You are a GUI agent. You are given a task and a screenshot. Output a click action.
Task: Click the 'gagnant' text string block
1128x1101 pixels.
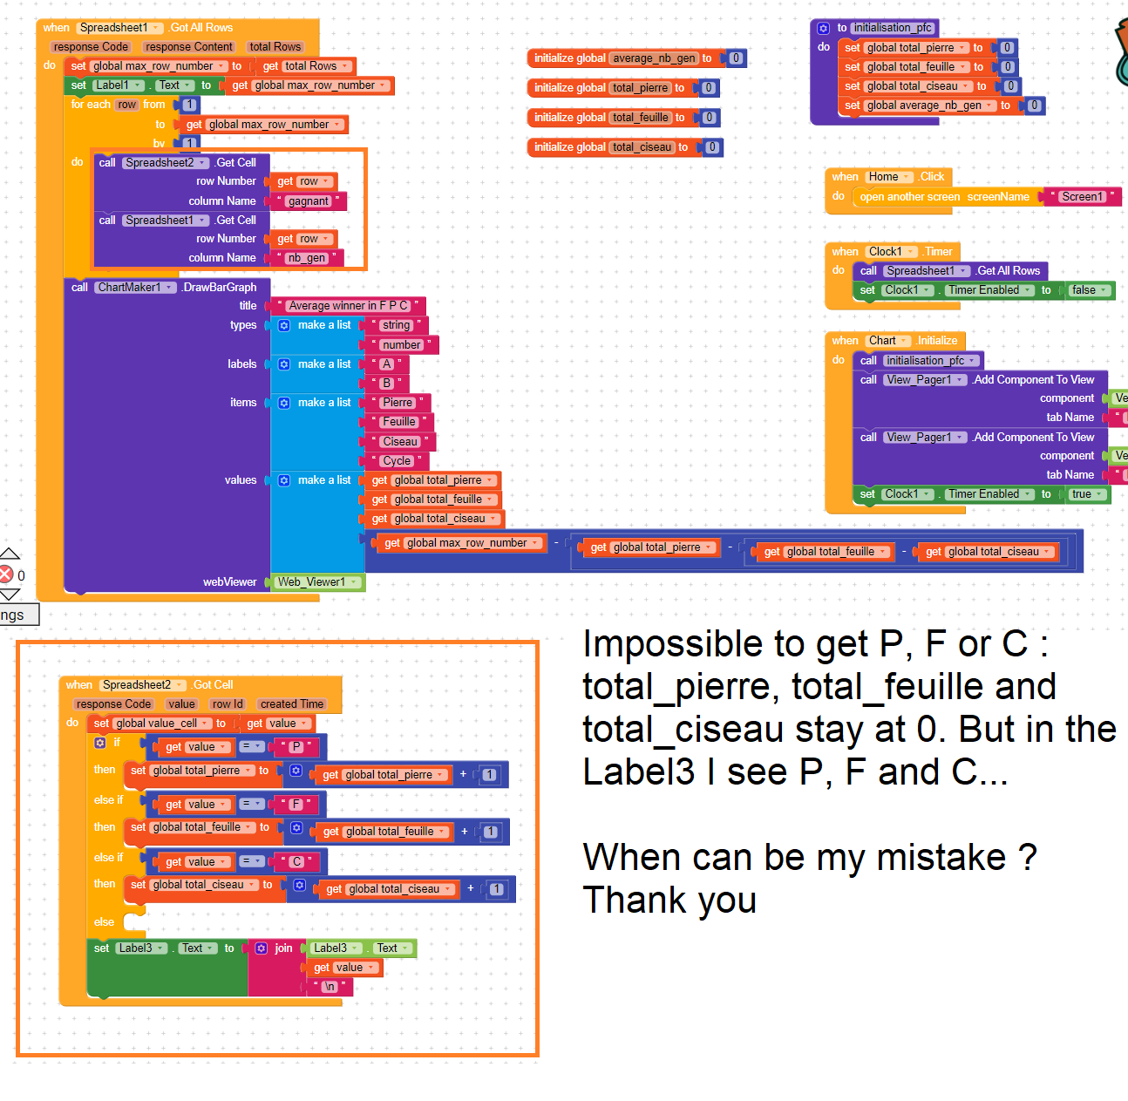click(x=309, y=201)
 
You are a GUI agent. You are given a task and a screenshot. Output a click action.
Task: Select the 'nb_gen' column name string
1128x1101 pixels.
click(x=306, y=258)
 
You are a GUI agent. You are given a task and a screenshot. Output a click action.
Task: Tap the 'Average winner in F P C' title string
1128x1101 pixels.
click(x=348, y=306)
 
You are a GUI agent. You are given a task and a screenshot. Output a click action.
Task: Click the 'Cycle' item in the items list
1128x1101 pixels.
click(x=396, y=461)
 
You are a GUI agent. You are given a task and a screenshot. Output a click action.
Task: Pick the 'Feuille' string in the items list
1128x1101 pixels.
click(x=399, y=422)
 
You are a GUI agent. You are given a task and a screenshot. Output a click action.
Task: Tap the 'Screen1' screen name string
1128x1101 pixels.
click(x=1081, y=197)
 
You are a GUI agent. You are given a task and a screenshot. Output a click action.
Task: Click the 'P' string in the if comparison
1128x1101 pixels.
click(x=296, y=747)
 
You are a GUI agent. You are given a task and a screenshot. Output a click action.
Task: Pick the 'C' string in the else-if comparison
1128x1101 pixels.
click(x=296, y=862)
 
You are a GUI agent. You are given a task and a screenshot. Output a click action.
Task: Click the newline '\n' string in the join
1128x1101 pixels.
click(x=330, y=987)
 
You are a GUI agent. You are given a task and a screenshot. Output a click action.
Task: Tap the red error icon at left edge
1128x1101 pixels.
click(x=6, y=574)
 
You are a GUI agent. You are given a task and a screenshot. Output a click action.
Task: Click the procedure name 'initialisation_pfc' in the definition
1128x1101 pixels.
click(x=892, y=28)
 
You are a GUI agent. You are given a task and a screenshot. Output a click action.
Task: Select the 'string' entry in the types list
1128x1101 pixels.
click(x=396, y=325)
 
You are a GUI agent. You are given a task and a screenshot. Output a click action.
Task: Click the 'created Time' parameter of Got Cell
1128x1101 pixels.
click(x=291, y=704)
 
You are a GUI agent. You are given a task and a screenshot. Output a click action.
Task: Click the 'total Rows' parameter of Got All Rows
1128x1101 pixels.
click(x=275, y=47)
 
